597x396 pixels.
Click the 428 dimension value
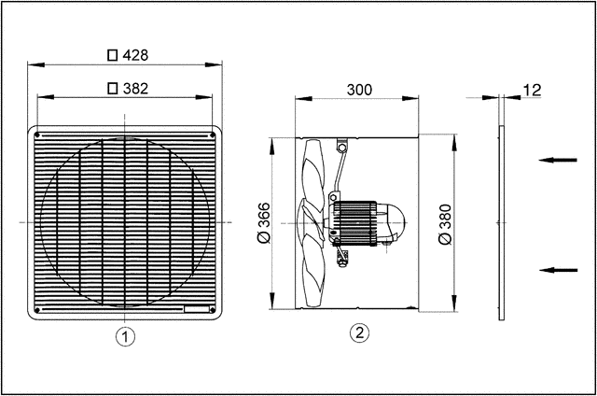click(136, 55)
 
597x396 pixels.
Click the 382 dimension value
click(136, 89)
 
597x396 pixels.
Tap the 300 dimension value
click(359, 90)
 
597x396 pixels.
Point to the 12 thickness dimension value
click(533, 90)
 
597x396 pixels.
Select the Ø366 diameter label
click(264, 223)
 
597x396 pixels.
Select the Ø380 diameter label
click(445, 223)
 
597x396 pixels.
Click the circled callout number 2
click(358, 332)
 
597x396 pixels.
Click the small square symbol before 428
click(113, 55)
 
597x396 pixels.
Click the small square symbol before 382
click(113, 89)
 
